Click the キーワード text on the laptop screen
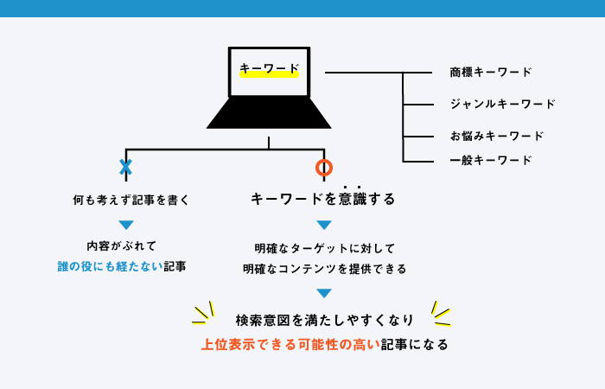click(x=270, y=68)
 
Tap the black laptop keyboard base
click(x=269, y=112)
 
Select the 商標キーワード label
click(x=491, y=72)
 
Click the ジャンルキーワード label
click(x=503, y=104)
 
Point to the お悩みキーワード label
click(x=497, y=136)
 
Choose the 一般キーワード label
click(x=491, y=160)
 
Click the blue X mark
click(x=126, y=168)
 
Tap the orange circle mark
click(x=324, y=168)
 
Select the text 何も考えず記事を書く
click(x=131, y=200)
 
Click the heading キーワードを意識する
click(x=323, y=199)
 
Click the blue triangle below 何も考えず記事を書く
click(x=126, y=225)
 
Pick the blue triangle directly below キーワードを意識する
click(x=324, y=225)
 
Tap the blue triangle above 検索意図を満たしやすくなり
click(x=324, y=293)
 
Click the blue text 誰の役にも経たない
click(x=111, y=266)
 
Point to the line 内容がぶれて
click(x=122, y=246)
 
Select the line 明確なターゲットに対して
click(x=325, y=249)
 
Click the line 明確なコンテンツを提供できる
click(x=325, y=269)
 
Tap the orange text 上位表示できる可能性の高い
click(x=291, y=344)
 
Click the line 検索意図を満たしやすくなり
click(x=325, y=321)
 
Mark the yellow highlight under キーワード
click(x=270, y=74)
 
